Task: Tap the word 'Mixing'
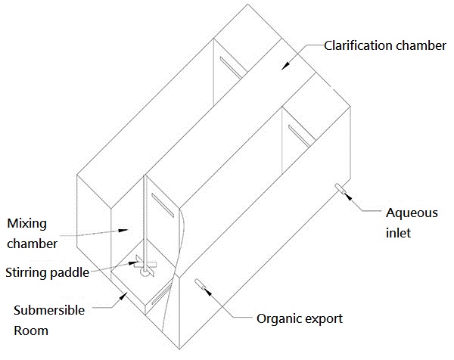26,224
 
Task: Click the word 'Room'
30,331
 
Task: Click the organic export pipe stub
202,284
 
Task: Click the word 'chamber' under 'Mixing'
33,244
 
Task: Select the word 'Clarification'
356,45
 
